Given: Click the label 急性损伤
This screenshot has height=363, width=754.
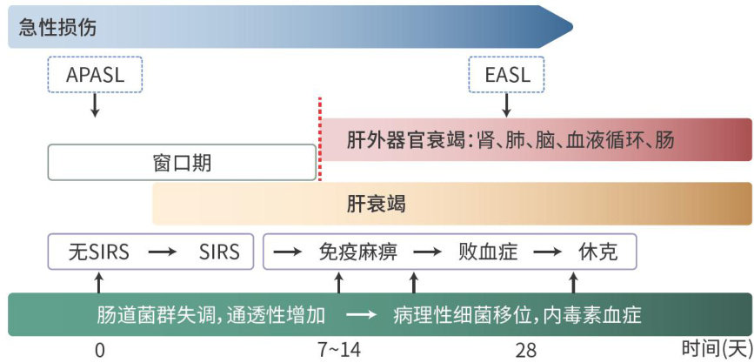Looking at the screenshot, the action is pos(57,28).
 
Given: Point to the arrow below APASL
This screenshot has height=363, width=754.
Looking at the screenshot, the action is pos(95,106).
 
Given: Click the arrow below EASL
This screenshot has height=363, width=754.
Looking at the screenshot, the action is pos(506,106).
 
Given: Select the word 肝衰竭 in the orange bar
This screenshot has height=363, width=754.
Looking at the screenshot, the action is pos(376,204).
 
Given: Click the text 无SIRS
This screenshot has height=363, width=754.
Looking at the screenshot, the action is pos(98,252).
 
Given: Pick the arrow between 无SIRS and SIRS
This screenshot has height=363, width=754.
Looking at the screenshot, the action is pos(162,252).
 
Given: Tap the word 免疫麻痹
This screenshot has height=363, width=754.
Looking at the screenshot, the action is pos(358,252).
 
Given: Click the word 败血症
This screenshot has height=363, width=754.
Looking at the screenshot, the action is pos(488,252).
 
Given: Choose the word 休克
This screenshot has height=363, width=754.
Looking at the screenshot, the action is pos(597,252).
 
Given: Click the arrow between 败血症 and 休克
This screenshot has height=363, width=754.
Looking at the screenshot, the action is pos(547,252).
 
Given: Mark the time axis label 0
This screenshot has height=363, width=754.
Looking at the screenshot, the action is pos(99,351).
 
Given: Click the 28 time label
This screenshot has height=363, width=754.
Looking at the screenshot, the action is pos(525,351).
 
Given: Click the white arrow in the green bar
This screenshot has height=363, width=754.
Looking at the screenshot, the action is pos(361,315).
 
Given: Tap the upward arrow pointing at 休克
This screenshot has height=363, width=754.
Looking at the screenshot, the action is pos(573,283).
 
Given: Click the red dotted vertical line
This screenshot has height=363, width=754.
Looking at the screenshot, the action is pos(320,139).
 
